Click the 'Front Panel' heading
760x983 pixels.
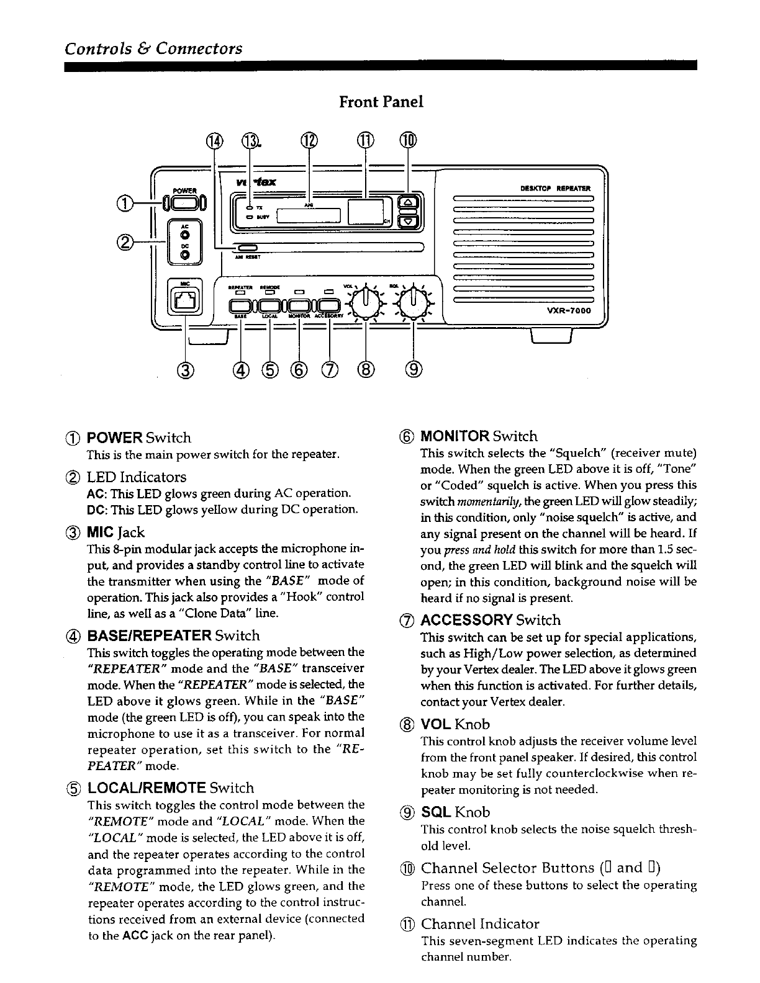381,102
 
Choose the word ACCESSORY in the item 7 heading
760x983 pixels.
466,620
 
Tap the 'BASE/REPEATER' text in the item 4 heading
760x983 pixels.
149,635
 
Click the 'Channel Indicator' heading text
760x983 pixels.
480,923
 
